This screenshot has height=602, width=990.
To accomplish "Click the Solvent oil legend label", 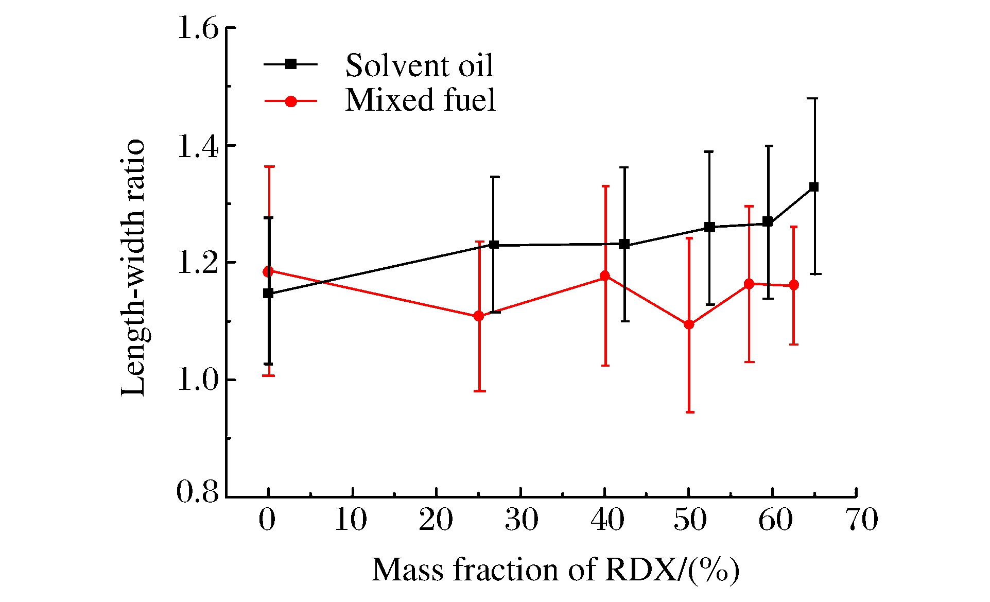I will coord(419,65).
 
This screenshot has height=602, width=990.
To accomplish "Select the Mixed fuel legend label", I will coord(420,100).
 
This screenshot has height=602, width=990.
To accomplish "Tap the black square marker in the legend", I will coord(291,64).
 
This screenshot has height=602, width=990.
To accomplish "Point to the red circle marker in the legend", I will coord(291,101).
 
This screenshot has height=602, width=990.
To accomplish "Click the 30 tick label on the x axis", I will coord(522,520).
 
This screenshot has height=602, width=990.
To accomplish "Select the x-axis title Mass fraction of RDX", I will coord(556,570).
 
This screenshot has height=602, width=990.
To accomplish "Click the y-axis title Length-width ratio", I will coord(133,268).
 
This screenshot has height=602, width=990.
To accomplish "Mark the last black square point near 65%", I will coord(814,187).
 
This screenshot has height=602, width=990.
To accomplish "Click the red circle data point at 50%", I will coord(689,324).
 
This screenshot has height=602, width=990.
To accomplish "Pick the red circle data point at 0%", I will coord(268,271).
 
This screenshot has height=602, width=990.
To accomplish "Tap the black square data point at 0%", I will coord(268,294).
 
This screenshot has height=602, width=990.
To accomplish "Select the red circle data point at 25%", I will coord(479,316).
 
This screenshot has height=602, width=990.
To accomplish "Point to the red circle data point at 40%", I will coord(605,276).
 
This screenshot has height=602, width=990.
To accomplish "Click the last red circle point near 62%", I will coord(794,285).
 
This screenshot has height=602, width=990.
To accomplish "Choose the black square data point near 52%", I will coord(709,227).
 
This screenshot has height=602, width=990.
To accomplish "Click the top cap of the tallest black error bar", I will coord(815,98).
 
